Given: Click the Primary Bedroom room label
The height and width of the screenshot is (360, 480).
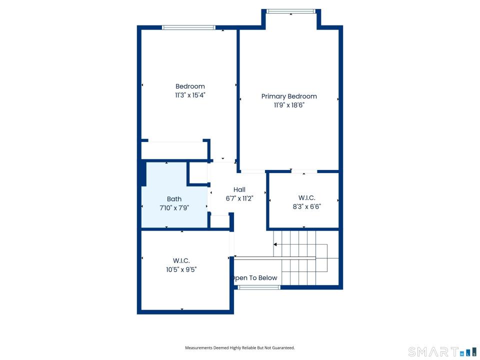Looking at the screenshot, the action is click(x=289, y=96).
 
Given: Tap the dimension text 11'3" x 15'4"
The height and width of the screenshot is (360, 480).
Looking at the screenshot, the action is click(x=190, y=95).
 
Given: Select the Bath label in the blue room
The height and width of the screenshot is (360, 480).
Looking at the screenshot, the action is click(x=174, y=199).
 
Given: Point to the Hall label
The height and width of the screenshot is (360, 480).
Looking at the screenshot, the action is click(x=239, y=190).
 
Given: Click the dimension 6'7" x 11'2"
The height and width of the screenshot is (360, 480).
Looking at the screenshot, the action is click(x=239, y=198).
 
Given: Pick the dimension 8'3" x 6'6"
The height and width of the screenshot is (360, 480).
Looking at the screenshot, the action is click(x=306, y=206).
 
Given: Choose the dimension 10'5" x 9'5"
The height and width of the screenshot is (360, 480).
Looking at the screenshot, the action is click(x=181, y=269).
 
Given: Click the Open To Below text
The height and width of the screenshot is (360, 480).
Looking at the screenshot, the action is click(x=254, y=278).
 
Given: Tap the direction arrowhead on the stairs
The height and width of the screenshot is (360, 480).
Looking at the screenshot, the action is click(x=275, y=244).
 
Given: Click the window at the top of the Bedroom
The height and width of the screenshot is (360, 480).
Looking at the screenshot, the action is click(x=188, y=27).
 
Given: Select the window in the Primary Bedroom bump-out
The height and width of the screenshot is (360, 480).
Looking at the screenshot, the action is click(x=291, y=11).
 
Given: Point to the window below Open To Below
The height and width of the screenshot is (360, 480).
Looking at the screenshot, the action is click(x=259, y=287).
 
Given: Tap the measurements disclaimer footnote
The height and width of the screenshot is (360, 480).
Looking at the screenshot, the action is click(x=240, y=348).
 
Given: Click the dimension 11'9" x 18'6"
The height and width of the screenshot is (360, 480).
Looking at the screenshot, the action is click(x=289, y=105).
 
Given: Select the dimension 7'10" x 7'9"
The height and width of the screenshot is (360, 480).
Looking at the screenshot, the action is click(x=174, y=208).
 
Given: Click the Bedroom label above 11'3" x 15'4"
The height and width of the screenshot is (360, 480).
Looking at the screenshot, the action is click(x=190, y=86).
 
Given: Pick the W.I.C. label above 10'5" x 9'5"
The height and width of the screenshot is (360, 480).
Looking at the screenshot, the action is click(x=181, y=261).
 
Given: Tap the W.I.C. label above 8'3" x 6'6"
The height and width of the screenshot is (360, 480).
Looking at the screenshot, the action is click(x=306, y=198).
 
